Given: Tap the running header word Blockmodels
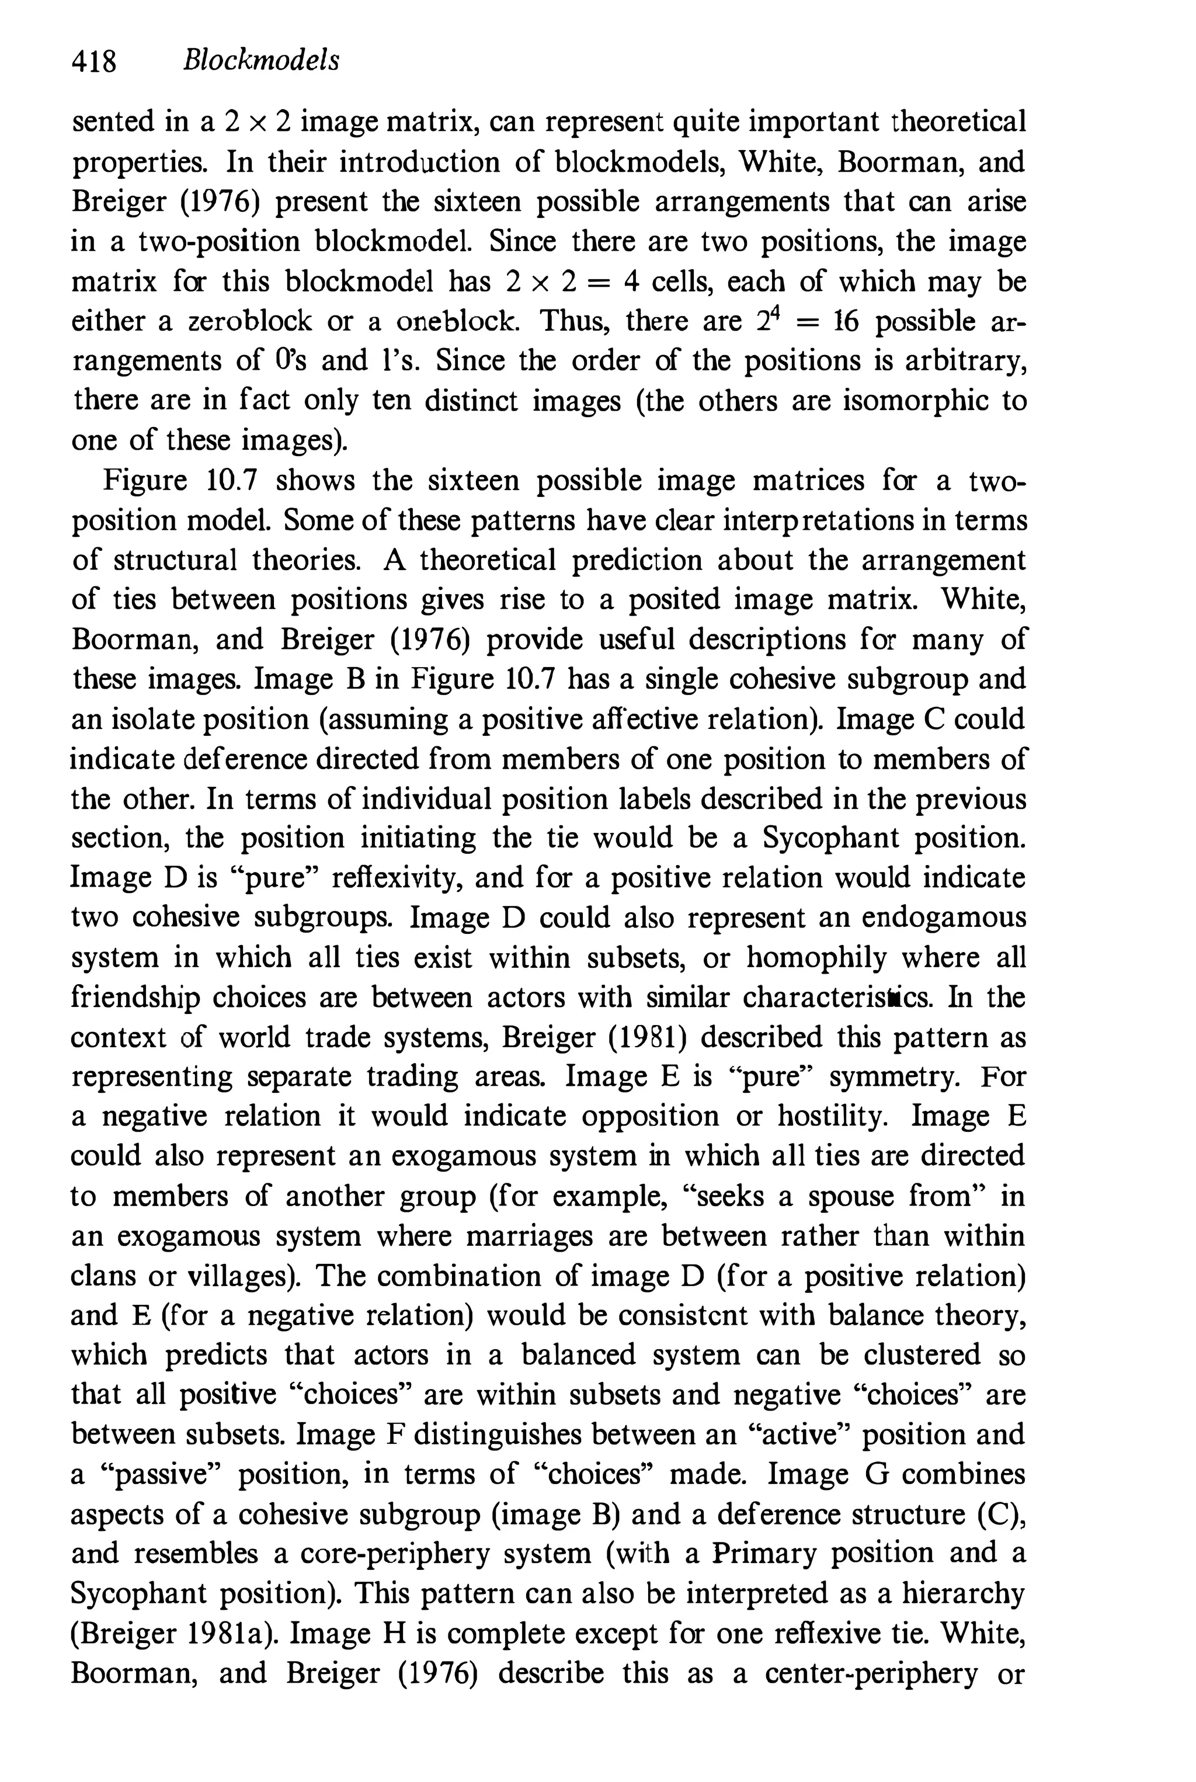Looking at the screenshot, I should click(x=261, y=60).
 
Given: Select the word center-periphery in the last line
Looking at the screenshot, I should click(x=871, y=1673).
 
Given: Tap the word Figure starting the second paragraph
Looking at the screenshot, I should click(x=145, y=481).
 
